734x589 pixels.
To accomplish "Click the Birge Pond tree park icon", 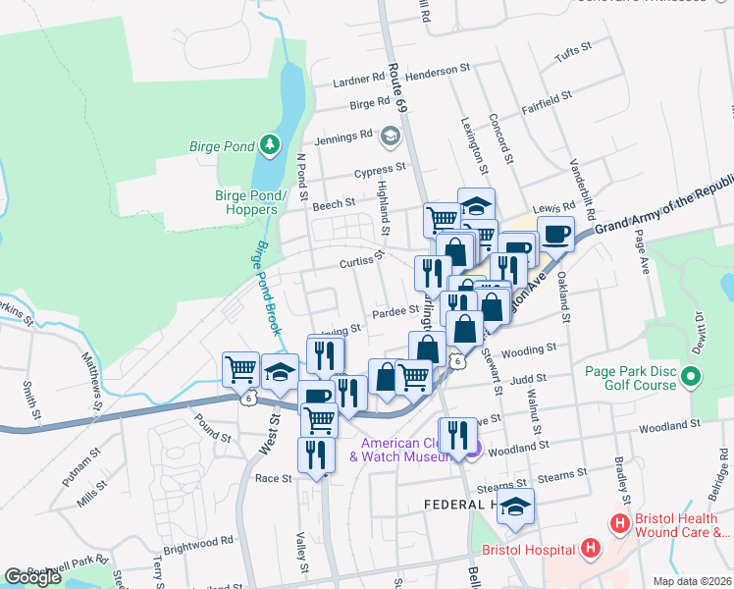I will point(269,147).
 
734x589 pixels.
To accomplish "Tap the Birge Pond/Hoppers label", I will point(250,202).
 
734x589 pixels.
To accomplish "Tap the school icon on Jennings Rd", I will point(391,135).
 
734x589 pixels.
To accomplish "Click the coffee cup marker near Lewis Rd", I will point(555,236).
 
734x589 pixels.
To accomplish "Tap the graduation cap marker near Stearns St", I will point(514,507).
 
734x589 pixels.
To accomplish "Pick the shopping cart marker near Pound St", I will point(240,370).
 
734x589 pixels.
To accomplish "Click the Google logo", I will point(32,577).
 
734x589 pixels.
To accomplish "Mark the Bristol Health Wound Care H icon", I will point(619,524).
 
